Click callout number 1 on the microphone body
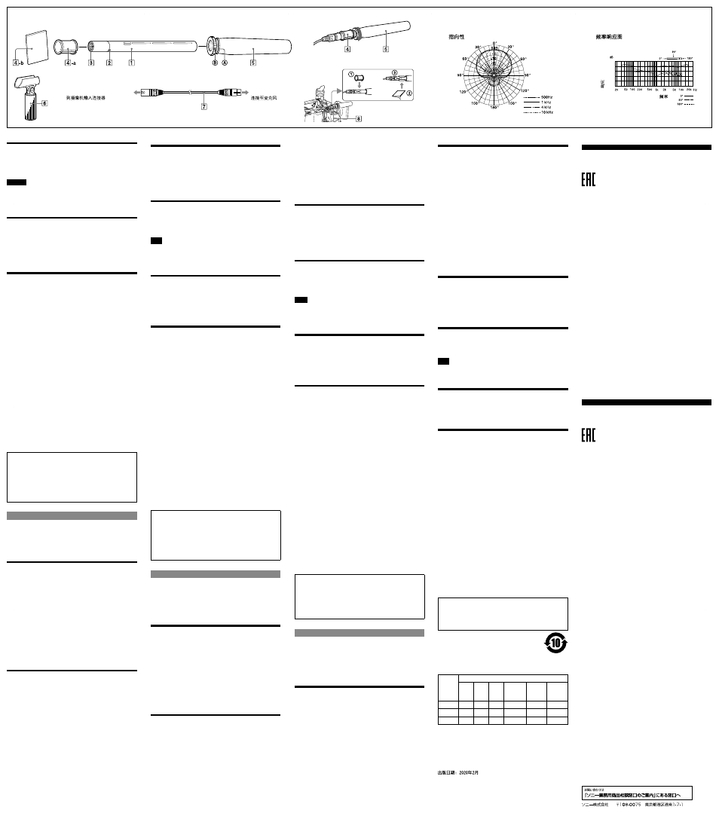132,63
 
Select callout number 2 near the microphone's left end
109,63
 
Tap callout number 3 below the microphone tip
91,63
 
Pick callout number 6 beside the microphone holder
44,103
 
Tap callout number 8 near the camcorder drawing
359,118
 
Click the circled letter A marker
225,63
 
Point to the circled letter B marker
214,63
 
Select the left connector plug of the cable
151,91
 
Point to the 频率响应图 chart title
609,36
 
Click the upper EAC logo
589,180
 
